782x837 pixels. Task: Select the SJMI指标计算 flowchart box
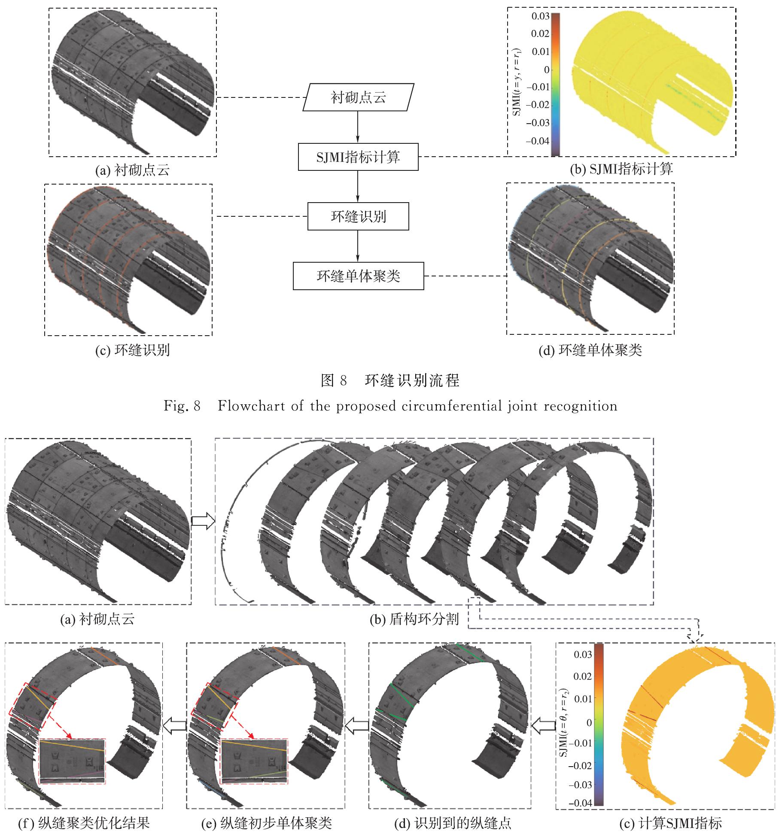click(x=358, y=157)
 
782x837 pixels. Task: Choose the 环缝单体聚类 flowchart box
click(x=358, y=276)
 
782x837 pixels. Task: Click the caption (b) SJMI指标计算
click(x=621, y=169)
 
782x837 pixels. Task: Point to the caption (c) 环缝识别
click(x=132, y=350)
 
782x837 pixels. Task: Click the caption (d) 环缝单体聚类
click(x=590, y=350)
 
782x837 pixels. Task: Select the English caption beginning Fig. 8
click(x=390, y=406)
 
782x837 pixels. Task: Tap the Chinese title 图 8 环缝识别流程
click(x=390, y=380)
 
